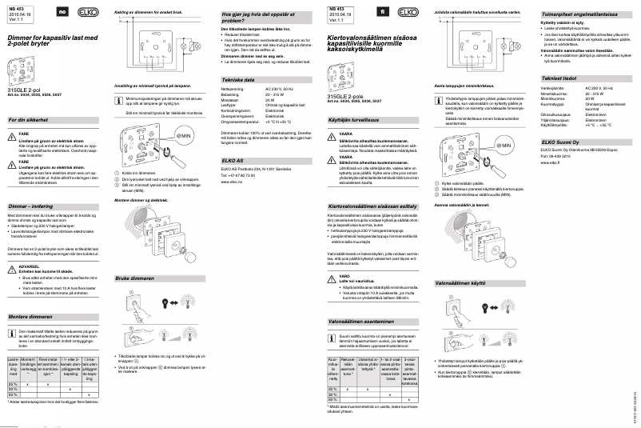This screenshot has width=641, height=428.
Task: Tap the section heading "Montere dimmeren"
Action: coord(30,318)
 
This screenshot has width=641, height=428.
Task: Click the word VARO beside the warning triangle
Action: coord(345,274)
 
